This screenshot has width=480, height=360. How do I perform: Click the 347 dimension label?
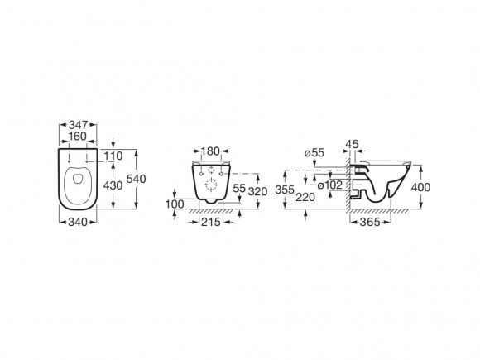[x=78, y=125]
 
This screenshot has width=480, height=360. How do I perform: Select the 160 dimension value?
[x=78, y=137]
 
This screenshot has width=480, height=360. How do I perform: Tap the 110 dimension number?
[x=113, y=156]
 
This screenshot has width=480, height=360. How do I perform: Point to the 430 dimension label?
[x=113, y=185]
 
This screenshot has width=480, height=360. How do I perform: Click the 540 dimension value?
[x=137, y=179]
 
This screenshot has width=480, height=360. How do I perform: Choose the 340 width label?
[x=78, y=222]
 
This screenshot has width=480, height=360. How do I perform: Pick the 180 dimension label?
[x=210, y=151]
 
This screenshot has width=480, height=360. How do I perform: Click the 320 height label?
[x=257, y=192]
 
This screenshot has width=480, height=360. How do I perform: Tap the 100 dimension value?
[x=175, y=204]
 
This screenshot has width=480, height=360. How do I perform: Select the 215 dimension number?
[x=211, y=222]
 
